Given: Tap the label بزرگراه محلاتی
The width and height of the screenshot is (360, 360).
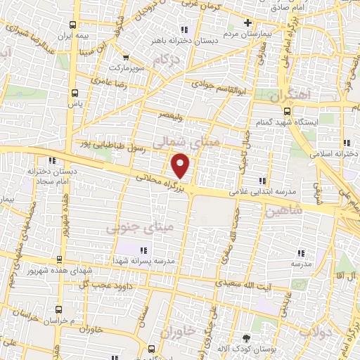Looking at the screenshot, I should pyautogui.click(x=164, y=185).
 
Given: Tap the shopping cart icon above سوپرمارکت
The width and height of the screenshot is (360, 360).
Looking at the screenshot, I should pyautogui.click(x=126, y=58).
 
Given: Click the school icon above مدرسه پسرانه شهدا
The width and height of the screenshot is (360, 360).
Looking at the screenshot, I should pyautogui.click(x=144, y=250).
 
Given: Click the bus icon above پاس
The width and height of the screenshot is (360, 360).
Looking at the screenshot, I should pyautogui.click(x=75, y=91).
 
